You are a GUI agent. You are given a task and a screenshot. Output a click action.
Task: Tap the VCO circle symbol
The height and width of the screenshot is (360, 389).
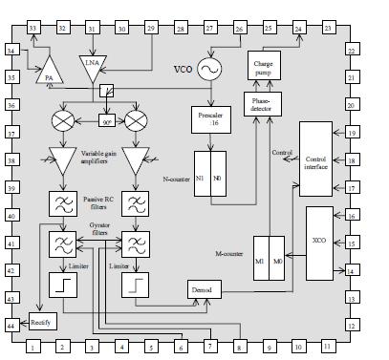(207, 69)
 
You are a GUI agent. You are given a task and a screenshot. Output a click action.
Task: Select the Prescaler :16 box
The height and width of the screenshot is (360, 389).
(207, 119)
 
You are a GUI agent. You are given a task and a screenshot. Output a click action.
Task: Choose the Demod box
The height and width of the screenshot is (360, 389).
(202, 288)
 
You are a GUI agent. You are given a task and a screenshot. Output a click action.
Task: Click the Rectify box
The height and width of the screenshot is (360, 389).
(41, 322)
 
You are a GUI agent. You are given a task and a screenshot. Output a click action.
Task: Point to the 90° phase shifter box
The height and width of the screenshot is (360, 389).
(106, 121)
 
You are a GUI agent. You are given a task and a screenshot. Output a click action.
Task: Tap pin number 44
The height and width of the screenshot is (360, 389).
(12, 327)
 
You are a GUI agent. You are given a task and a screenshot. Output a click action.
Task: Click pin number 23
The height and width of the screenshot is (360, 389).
(328, 29)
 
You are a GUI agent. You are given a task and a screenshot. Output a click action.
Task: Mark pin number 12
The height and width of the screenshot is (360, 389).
(351, 327)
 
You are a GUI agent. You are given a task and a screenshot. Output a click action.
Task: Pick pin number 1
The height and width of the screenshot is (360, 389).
(33, 348)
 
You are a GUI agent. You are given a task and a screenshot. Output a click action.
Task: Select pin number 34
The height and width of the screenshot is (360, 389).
(12, 50)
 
